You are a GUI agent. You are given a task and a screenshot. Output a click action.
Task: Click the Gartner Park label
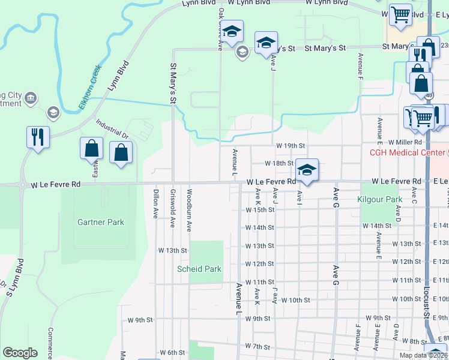101,222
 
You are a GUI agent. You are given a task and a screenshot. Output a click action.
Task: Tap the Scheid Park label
199,269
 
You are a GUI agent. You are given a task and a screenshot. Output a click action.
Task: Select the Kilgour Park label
379,199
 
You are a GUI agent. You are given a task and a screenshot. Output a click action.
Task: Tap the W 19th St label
291,145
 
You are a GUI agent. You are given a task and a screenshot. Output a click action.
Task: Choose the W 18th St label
279,163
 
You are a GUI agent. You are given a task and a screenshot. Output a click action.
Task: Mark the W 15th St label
259,210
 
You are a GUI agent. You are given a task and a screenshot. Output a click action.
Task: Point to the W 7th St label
258,346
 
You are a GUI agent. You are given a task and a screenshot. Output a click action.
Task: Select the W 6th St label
172,352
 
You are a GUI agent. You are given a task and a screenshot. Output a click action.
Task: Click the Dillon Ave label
155,204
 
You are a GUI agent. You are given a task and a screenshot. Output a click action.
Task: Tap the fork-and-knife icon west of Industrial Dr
37,137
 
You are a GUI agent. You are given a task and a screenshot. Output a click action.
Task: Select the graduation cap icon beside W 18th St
307,170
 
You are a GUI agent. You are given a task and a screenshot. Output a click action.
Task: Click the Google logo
20,353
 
